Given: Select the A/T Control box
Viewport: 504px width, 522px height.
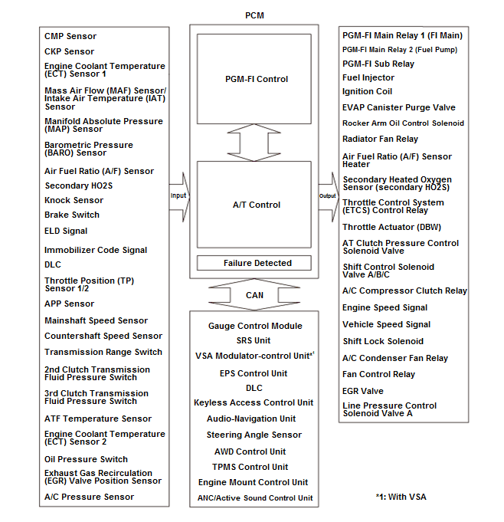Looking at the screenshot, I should coord(256,205).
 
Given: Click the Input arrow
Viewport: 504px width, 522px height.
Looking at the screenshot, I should coord(178,195).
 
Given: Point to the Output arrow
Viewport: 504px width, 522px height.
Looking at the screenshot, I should coord(328,195).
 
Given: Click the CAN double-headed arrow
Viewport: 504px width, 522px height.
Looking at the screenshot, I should coord(254,294).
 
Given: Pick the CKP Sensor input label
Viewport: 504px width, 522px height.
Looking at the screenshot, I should coord(69,51).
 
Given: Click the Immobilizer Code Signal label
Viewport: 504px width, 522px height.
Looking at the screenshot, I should coord(95,250).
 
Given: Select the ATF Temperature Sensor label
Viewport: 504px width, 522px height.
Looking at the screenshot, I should coord(97,419).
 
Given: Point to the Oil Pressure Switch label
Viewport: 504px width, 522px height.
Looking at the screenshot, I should coord(86,459).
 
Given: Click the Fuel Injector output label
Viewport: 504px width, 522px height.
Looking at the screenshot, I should coord(368,77).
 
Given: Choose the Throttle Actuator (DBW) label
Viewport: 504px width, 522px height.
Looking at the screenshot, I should coord(391,227).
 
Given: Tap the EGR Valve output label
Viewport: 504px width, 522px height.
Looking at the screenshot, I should coord(363,390).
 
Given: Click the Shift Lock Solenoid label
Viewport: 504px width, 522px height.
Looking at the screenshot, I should coord(382,341).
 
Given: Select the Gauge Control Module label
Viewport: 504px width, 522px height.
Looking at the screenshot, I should coord(255,326).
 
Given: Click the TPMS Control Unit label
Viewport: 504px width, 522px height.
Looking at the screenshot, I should coord(250,467).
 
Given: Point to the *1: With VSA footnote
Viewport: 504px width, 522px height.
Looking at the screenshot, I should coord(401,497).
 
